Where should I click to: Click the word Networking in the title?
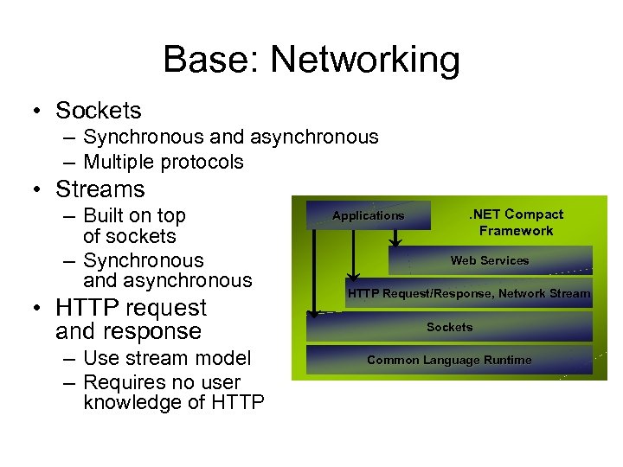[364, 61]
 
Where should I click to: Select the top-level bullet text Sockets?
[98, 111]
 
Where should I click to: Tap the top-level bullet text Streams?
[100, 189]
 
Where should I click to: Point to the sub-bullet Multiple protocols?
[164, 162]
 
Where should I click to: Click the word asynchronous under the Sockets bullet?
[314, 137]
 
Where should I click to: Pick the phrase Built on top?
[134, 215]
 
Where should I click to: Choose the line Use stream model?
[167, 358]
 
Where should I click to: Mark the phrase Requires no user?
[162, 382]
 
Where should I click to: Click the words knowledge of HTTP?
[173, 403]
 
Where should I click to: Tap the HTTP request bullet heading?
[130, 308]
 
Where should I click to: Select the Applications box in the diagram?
[369, 215]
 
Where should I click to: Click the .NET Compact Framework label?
[516, 222]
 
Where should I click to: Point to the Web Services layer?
[490, 260]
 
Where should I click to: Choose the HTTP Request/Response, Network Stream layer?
[469, 293]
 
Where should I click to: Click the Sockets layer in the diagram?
[450, 327]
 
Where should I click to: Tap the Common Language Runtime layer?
[449, 360]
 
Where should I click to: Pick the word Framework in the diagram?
[516, 231]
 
